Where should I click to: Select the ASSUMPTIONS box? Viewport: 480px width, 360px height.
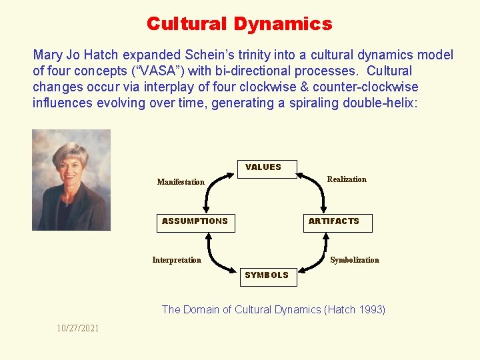click(195, 222)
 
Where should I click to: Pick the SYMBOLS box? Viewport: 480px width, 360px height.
click(267, 276)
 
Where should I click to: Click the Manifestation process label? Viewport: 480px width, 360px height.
click(181, 182)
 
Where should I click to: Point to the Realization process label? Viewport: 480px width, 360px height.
click(347, 179)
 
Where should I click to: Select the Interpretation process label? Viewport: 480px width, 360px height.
click(177, 260)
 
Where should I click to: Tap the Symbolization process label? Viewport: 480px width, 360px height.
click(355, 260)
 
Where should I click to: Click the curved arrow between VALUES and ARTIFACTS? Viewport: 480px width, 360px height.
click(315, 187)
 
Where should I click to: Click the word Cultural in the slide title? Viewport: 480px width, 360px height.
click(187, 24)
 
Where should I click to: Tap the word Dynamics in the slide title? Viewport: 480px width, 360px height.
click(283, 24)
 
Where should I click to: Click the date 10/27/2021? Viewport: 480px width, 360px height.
click(78, 329)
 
